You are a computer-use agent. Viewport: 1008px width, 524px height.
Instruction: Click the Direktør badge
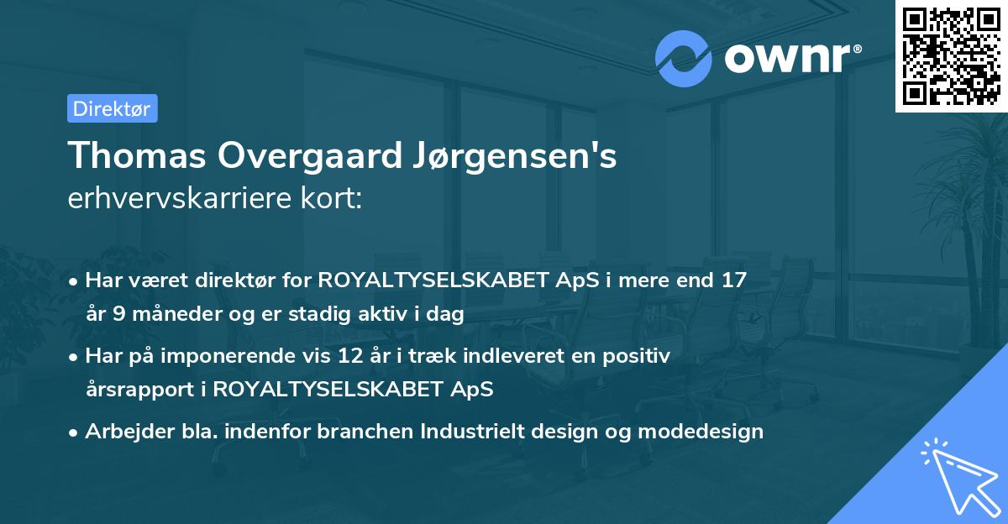pyautogui.click(x=111, y=108)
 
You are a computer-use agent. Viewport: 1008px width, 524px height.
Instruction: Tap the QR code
pyautogui.click(x=951, y=55)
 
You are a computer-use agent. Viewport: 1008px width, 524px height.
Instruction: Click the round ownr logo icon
pyautogui.click(x=684, y=58)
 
